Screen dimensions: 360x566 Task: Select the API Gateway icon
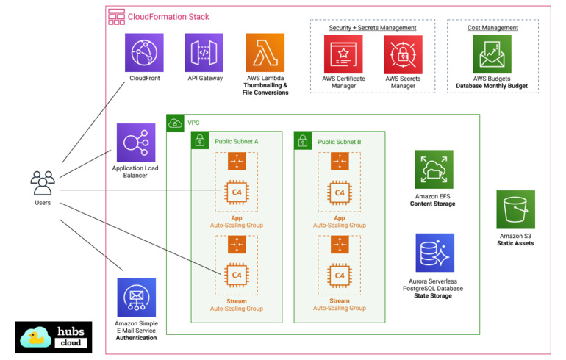[x=204, y=52]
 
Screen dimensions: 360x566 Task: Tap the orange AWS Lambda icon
[x=265, y=52]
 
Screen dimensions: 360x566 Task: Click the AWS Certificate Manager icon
[x=343, y=54]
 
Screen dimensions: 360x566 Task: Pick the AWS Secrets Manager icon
[x=403, y=54]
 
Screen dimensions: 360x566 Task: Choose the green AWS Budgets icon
[x=492, y=54]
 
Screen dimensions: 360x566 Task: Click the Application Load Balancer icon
[x=135, y=143]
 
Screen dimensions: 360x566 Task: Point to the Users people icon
[x=43, y=182]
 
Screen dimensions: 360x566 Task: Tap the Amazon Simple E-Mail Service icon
[x=136, y=298]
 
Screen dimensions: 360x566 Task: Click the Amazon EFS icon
[x=433, y=170]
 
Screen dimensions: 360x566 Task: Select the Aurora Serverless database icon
[x=434, y=253]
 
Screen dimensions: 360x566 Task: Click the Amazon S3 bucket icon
[x=515, y=209]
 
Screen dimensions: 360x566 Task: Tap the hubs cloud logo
[x=54, y=337]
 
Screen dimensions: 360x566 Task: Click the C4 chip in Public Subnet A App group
[x=237, y=193]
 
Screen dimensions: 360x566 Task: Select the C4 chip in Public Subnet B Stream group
[x=339, y=276]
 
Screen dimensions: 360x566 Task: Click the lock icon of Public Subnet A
[x=199, y=140]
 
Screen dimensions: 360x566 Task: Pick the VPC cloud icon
[x=175, y=123]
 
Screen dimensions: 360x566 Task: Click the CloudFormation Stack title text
[x=168, y=17]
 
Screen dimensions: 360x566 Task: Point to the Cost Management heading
[x=492, y=28]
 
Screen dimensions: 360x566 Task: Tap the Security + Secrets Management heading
[x=373, y=28]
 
